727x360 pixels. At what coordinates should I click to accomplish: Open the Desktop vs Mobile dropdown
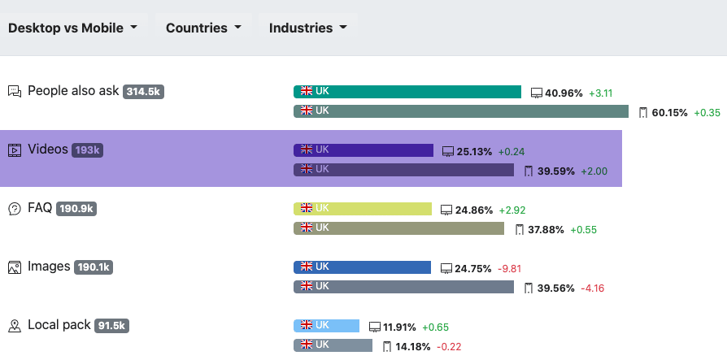click(x=73, y=28)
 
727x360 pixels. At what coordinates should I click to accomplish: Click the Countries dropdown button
click(x=203, y=28)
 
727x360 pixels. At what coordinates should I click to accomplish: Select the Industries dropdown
click(x=308, y=28)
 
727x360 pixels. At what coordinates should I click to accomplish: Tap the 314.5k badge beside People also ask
click(x=143, y=92)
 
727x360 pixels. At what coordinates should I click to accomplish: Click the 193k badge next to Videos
click(x=87, y=150)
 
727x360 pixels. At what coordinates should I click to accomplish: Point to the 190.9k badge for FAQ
click(x=77, y=209)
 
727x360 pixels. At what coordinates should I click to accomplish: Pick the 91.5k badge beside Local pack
click(x=111, y=326)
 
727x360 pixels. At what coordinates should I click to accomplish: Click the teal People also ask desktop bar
click(x=407, y=92)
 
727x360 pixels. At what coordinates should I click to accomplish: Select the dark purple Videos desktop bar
click(x=363, y=150)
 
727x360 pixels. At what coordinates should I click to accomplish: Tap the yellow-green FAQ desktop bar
click(x=362, y=209)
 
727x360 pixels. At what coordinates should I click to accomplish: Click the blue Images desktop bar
click(x=362, y=267)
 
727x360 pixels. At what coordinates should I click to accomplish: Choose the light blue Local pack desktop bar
click(x=326, y=326)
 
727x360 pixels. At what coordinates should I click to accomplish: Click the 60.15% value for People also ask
click(x=669, y=112)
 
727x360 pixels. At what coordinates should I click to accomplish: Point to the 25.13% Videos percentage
click(x=475, y=151)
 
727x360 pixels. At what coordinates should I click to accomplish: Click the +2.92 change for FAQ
click(x=512, y=210)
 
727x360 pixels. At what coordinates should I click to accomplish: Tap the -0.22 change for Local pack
click(x=450, y=347)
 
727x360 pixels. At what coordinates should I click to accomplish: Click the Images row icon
click(x=14, y=267)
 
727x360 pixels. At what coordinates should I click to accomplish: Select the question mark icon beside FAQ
click(x=14, y=209)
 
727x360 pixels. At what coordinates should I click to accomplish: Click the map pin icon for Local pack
click(x=14, y=326)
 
